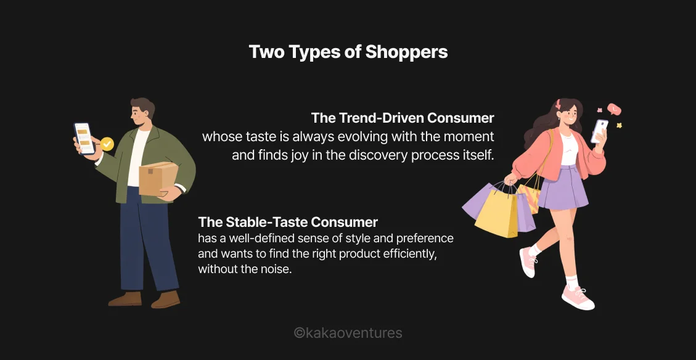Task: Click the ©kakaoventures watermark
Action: [x=348, y=333]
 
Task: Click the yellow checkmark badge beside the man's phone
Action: [x=107, y=144]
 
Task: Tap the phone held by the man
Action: [x=84, y=138]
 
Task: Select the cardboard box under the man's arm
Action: [x=158, y=179]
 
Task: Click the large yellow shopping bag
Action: [x=496, y=213]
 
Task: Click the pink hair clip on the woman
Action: [x=559, y=104]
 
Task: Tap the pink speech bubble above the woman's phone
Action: [x=613, y=110]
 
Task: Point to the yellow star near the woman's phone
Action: [x=619, y=125]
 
